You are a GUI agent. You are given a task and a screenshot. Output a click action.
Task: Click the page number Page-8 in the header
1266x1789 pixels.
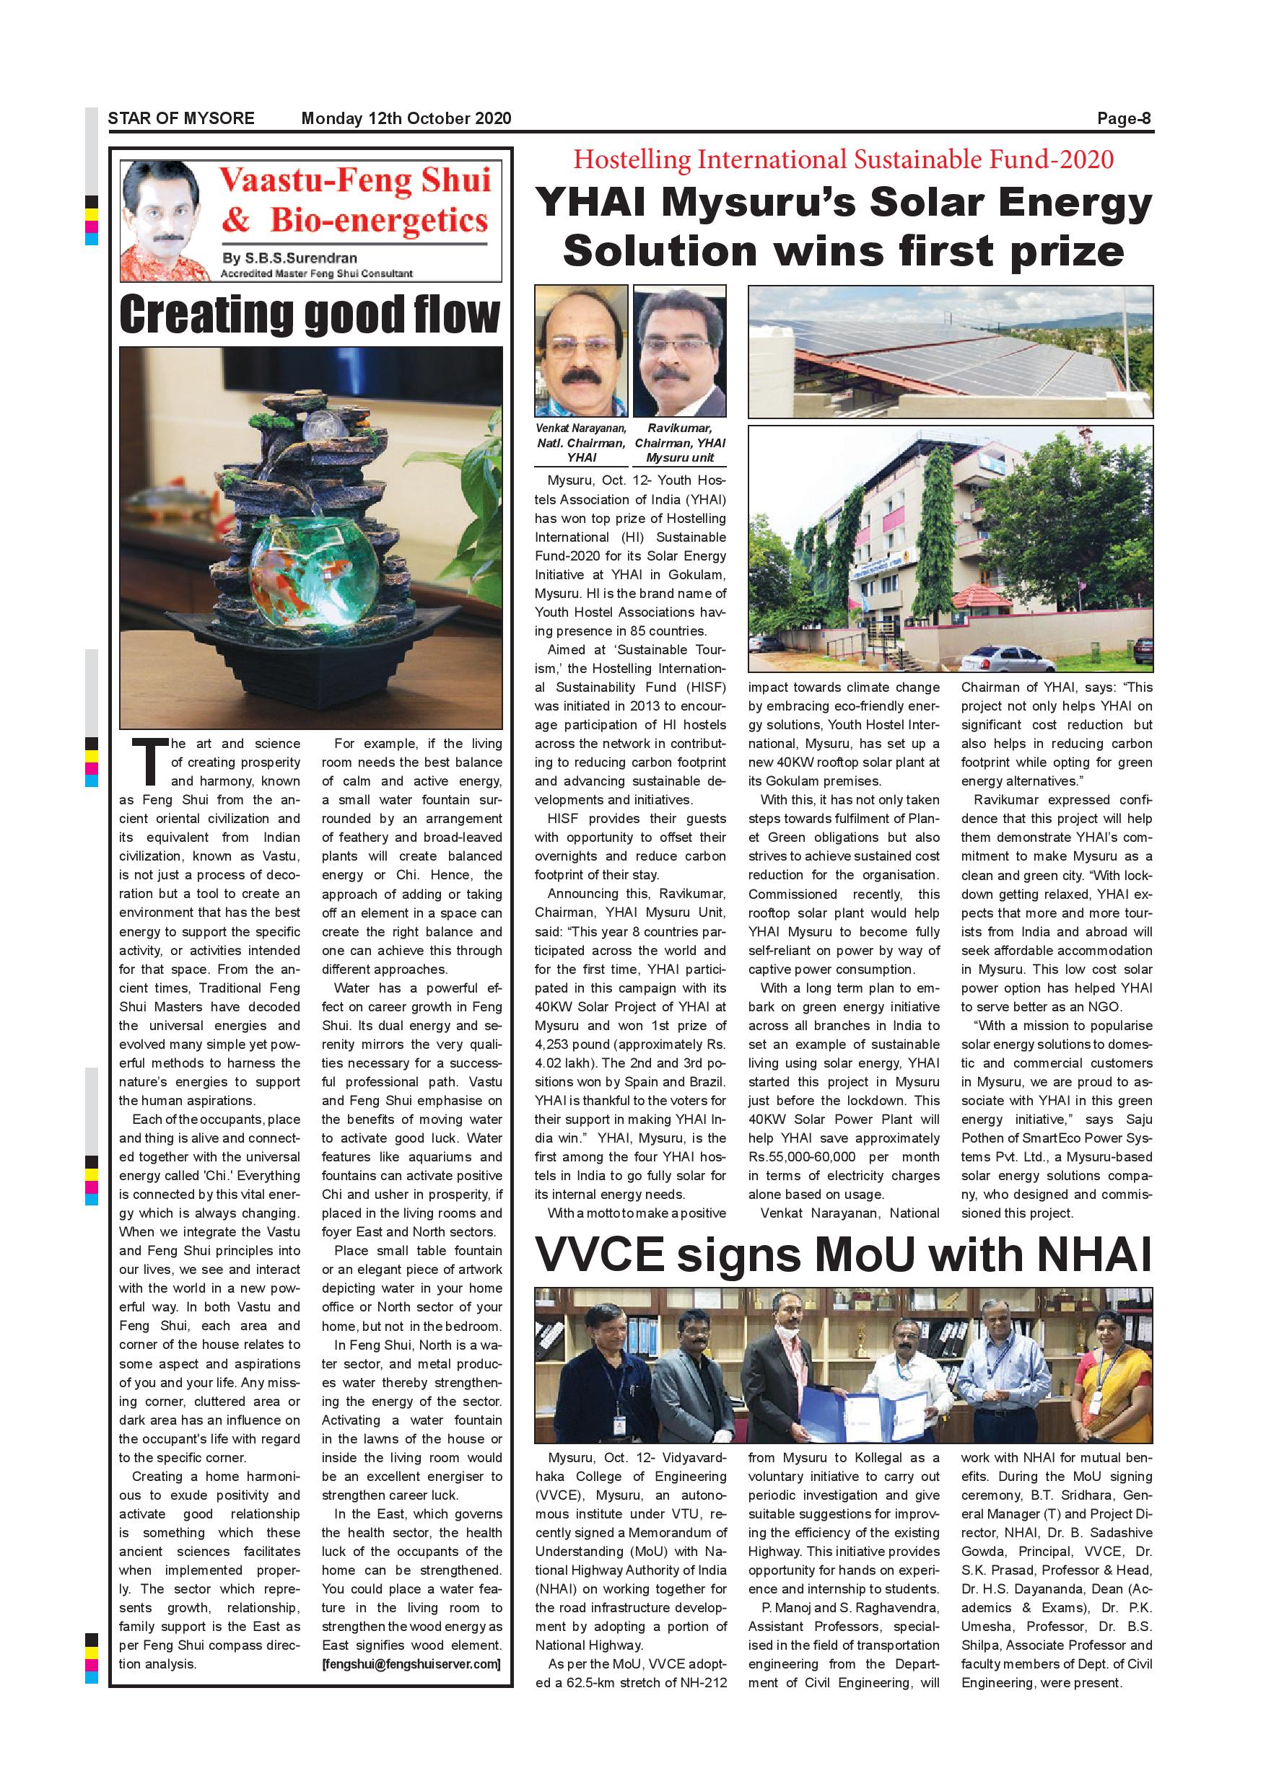click(x=1123, y=118)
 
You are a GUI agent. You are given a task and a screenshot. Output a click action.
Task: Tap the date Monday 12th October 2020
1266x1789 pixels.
click(x=406, y=118)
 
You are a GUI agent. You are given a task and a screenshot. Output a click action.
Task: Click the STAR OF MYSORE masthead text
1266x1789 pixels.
click(x=181, y=118)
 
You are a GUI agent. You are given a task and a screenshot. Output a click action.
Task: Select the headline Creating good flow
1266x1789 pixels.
click(x=310, y=314)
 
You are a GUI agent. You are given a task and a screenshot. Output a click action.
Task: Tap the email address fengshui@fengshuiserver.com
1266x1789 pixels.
click(x=411, y=1663)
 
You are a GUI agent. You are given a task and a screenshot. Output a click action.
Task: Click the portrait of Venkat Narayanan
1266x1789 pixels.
click(x=580, y=352)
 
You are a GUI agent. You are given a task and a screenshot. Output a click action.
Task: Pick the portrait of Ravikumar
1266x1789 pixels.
click(x=679, y=352)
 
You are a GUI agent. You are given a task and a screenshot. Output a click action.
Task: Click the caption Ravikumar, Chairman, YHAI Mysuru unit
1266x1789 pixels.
click(x=679, y=444)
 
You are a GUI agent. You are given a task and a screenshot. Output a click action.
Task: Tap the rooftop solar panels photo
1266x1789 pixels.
click(x=950, y=352)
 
